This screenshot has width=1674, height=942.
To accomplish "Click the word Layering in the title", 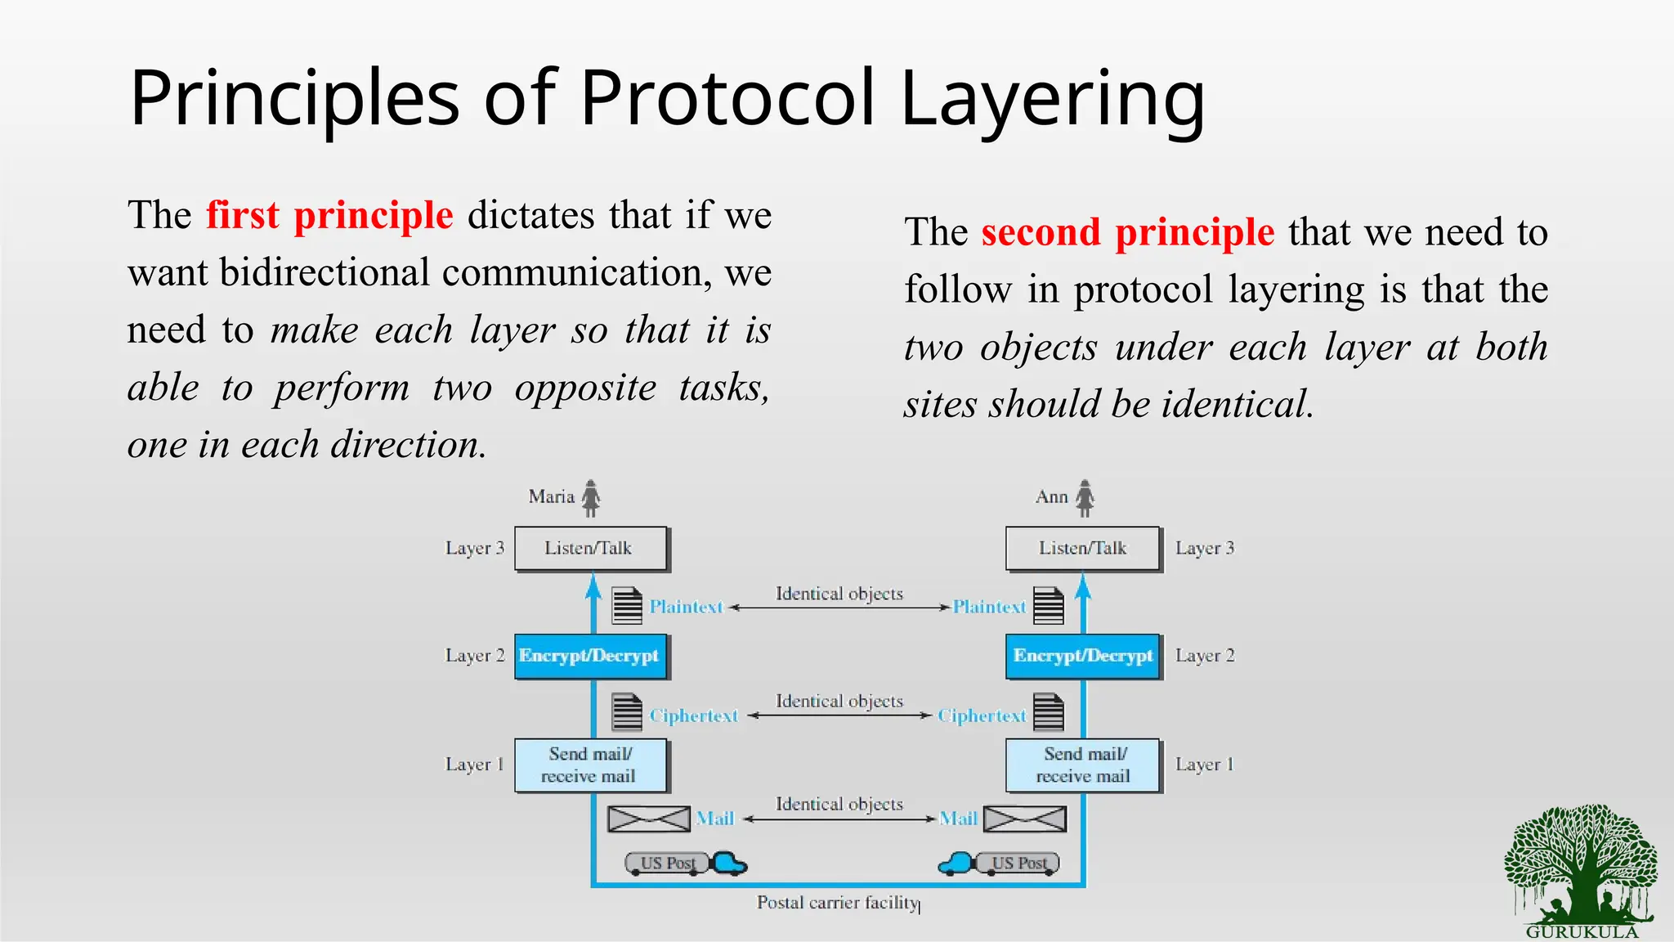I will (1052, 100).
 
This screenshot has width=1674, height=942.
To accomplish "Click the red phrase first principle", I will (329, 216).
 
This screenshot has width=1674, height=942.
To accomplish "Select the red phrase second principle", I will (1127, 233).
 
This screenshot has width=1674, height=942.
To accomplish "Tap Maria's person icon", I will (591, 498).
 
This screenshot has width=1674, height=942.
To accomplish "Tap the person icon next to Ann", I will (1085, 498).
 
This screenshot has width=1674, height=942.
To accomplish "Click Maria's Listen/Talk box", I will (590, 549).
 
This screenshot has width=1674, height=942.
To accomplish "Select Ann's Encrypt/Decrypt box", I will (1082, 656).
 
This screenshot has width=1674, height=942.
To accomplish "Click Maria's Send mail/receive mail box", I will (590, 765).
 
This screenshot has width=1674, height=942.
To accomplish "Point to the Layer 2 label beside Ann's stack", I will (1205, 656).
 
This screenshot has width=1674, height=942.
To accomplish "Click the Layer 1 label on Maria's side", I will (474, 765).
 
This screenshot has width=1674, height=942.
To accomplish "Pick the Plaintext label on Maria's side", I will (686, 607).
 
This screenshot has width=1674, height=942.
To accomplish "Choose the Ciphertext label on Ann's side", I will (981, 715).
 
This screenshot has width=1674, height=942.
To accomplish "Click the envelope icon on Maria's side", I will (649, 819).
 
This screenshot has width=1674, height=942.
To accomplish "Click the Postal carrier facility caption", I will (837, 903).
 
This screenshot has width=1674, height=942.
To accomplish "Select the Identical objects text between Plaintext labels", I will (839, 594).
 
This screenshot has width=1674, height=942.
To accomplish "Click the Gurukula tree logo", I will (1580, 867).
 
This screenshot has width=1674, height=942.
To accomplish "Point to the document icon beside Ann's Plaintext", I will (1048, 606).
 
